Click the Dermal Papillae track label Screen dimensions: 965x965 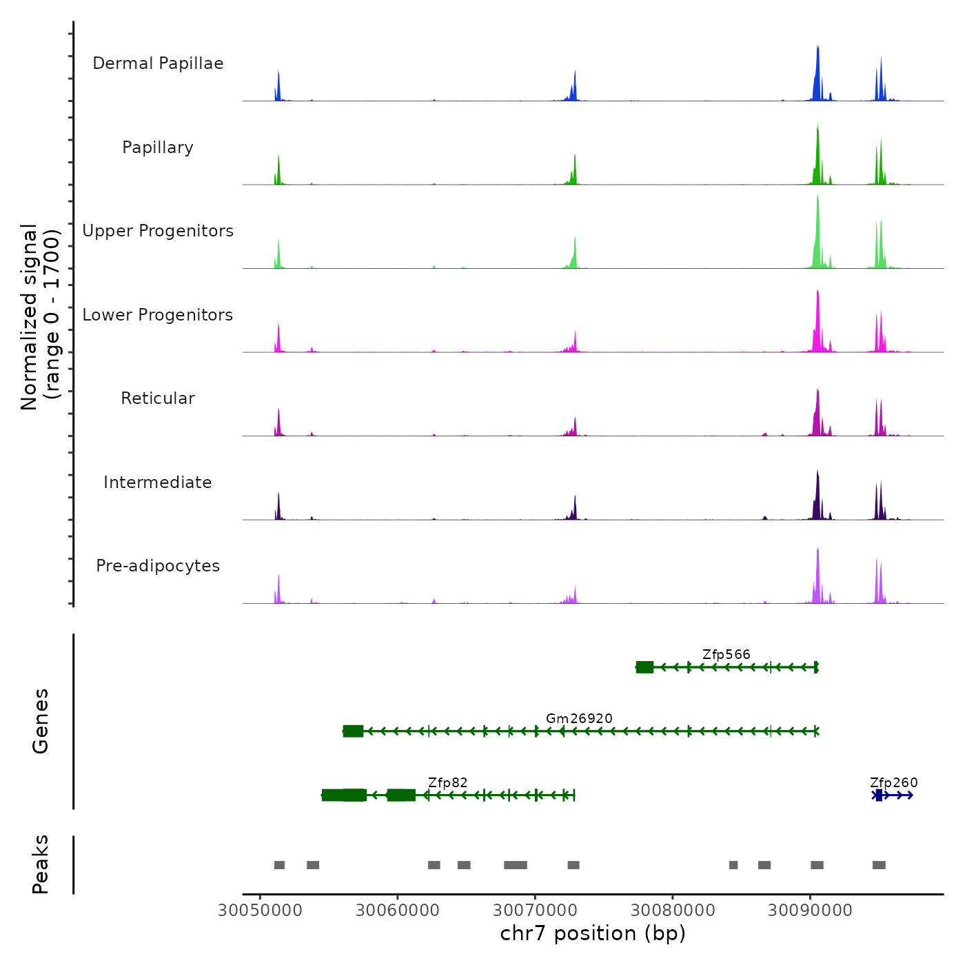coord(158,63)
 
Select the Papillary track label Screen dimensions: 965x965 coord(158,148)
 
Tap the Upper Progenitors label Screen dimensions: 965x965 coord(158,231)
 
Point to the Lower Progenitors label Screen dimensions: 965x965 coord(158,315)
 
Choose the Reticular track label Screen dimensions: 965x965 coord(158,398)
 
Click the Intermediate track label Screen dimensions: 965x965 coord(158,482)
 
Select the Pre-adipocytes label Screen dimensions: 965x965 coord(158,566)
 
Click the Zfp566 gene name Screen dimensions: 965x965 coord(726,654)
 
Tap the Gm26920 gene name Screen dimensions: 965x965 coord(579,718)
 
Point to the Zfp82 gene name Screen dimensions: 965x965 coord(447,782)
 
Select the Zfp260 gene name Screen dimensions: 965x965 coord(893,782)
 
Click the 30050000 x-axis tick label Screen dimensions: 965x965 coord(260,910)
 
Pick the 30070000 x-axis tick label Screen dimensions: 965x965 coord(535,910)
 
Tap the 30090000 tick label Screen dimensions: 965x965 coord(810,910)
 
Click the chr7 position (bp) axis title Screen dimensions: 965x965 coord(593,933)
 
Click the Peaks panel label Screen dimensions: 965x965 coord(41,864)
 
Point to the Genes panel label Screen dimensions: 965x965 coord(41,721)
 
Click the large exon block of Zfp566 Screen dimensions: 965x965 coord(644,667)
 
